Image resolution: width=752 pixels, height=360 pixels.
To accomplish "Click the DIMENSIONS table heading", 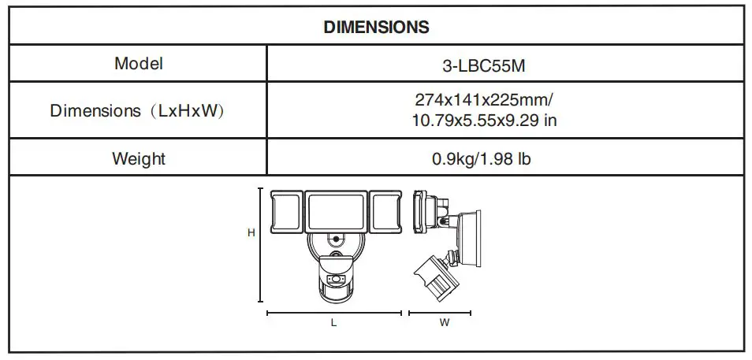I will [376, 27].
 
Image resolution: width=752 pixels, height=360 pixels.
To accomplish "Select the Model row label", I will [139, 64].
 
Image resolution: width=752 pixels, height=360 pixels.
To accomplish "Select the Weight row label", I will [139, 158].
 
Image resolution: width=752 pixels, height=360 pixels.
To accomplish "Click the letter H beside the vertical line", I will [251, 233].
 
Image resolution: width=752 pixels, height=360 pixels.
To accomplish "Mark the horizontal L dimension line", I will [334, 314].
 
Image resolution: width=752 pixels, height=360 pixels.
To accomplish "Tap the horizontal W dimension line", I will [440, 314].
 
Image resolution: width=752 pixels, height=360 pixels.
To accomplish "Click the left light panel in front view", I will [285, 211].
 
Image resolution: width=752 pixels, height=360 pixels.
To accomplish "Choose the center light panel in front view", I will [335, 210].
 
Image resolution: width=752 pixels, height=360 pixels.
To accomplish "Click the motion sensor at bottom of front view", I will [335, 280].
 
